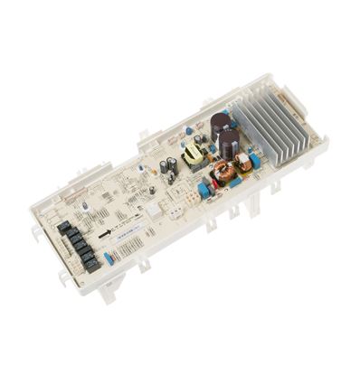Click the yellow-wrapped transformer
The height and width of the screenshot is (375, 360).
[x=194, y=157]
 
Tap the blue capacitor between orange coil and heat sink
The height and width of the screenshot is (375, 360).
[x=254, y=161]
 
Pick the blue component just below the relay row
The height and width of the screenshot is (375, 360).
[x=109, y=258]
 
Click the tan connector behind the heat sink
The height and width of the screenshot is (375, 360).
[x=287, y=95]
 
